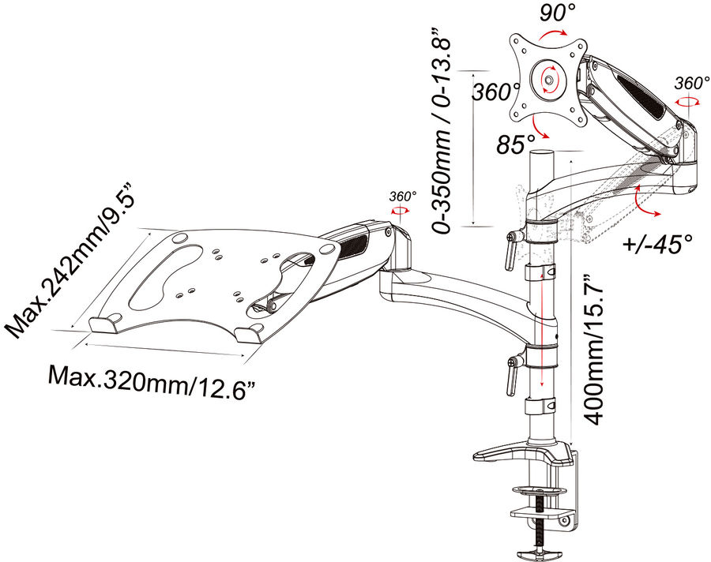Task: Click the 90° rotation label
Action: (557, 13)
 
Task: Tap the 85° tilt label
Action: (516, 145)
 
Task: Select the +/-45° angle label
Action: (657, 243)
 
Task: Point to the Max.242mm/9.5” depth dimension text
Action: (71, 260)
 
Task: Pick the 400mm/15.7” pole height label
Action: (593, 350)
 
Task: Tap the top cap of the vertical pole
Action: (543, 153)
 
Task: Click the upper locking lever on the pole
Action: (511, 251)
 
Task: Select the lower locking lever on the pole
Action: (511, 376)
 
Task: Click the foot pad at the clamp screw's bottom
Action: (538, 554)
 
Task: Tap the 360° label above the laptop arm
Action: (403, 197)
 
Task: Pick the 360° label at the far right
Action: (691, 84)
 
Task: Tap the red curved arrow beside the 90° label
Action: (553, 35)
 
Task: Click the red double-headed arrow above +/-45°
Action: (644, 201)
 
